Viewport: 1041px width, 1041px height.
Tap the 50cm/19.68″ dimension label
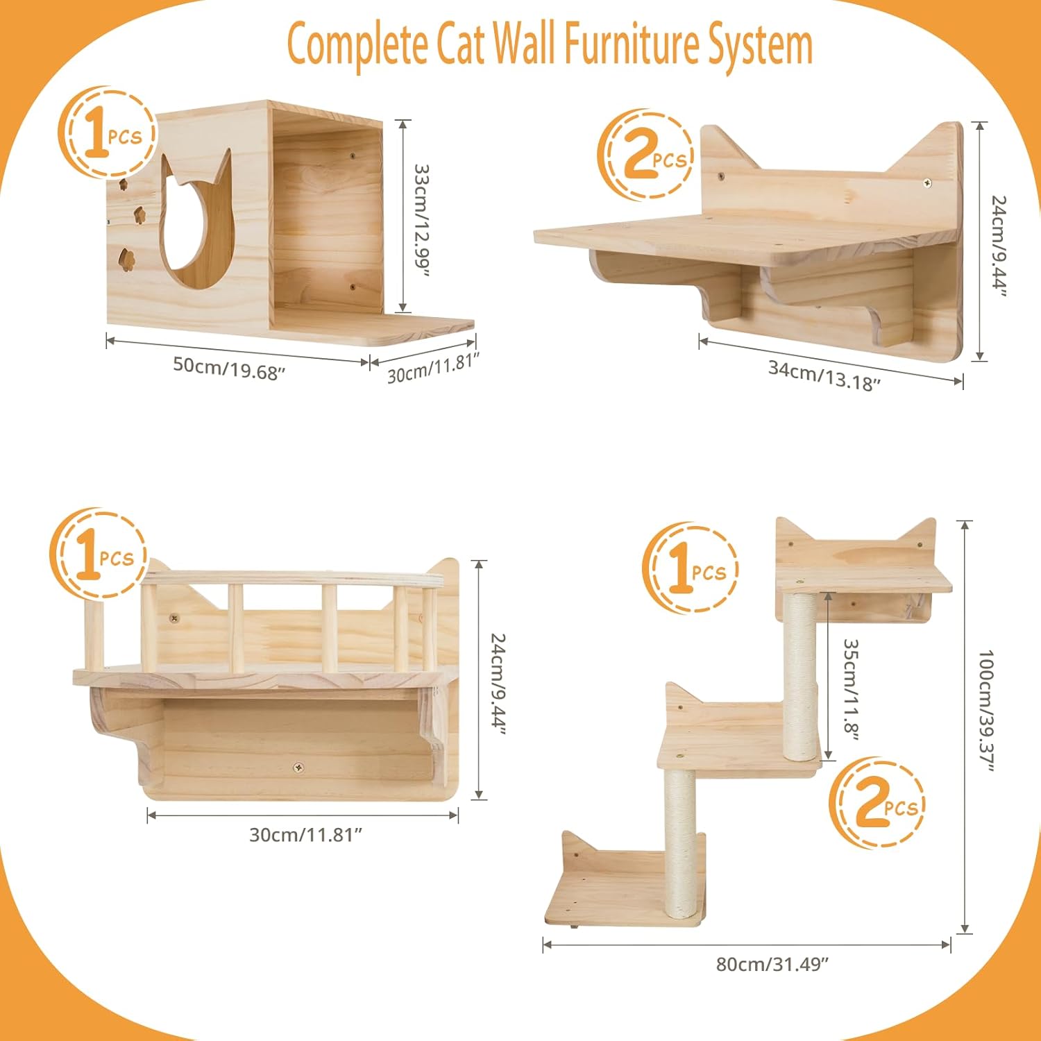click(x=229, y=368)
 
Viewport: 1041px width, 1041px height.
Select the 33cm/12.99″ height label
click(x=421, y=219)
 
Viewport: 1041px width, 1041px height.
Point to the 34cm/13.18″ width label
click(x=824, y=375)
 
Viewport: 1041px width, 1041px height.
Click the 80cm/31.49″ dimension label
click(x=772, y=964)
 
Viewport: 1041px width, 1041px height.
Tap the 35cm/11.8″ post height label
click(x=851, y=688)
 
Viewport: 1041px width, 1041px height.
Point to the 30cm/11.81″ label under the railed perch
click(x=305, y=834)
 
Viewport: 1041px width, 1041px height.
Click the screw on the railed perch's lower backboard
click(x=298, y=768)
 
